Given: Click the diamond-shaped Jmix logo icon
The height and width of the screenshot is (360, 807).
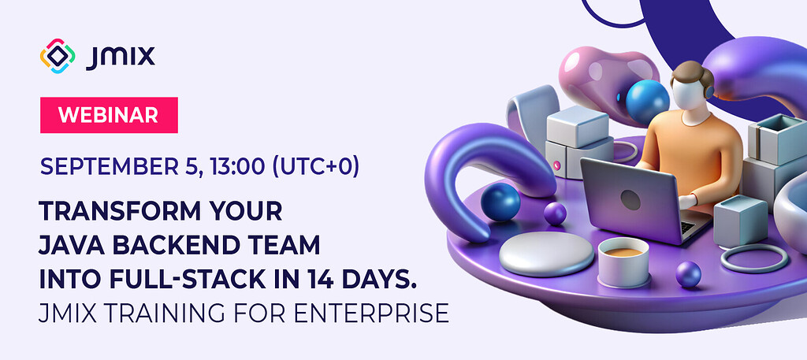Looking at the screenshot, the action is click(57, 56).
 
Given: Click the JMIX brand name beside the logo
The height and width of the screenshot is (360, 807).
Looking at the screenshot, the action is click(121, 57).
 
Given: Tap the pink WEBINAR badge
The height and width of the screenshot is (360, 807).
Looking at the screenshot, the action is click(109, 115).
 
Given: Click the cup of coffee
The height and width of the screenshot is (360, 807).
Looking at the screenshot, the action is click(623, 262).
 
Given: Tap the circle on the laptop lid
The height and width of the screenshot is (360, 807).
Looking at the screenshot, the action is click(630, 200).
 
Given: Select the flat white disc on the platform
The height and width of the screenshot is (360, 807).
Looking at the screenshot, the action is click(546, 254).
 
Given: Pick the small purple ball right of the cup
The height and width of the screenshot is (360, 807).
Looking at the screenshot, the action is click(687, 274).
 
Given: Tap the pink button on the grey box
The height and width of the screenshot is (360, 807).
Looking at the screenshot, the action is click(556, 165).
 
